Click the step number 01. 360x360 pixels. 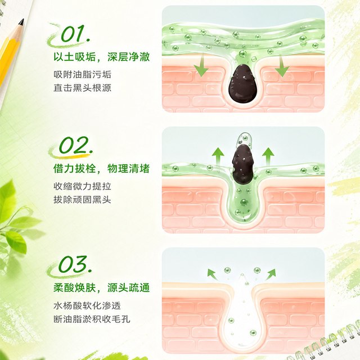click(75, 34)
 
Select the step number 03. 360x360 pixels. click(75, 264)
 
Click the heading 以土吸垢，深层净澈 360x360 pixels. click(101, 57)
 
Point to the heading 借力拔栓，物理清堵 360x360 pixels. click(101, 168)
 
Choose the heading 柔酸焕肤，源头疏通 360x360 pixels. click(101, 287)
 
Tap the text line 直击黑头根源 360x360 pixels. click(83, 88)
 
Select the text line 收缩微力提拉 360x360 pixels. click(83, 186)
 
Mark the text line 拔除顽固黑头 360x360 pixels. click(83, 200)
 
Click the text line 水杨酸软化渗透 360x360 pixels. click(87, 305)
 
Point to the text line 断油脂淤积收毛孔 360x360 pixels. click(92, 319)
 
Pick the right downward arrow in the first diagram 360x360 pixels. click(282, 66)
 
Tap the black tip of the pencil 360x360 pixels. click(21, 22)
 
